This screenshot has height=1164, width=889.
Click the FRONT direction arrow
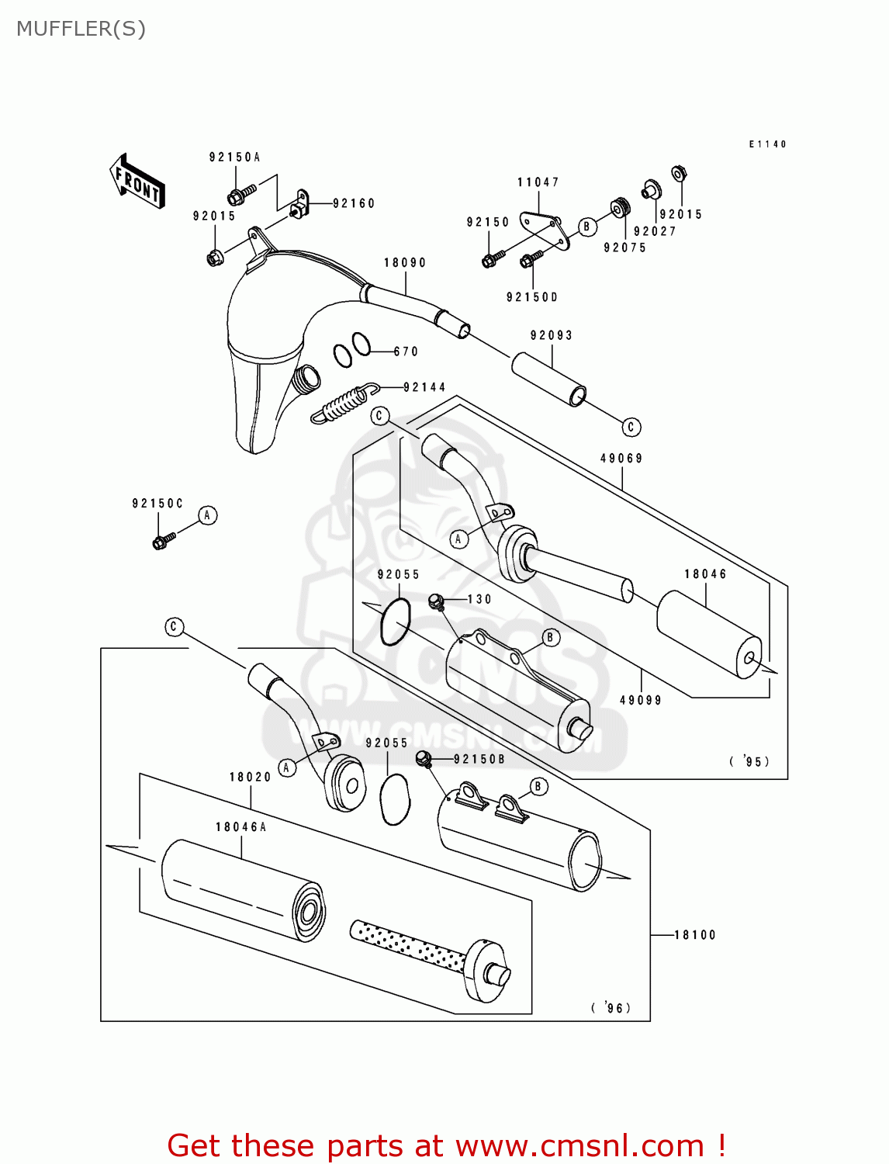137,182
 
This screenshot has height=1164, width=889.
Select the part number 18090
405,263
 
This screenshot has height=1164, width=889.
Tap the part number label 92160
354,203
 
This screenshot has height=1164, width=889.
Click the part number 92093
552,335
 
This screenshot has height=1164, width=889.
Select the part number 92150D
532,297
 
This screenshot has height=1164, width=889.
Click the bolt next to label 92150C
164,539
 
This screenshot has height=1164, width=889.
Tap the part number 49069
621,459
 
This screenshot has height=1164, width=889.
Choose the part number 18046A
241,827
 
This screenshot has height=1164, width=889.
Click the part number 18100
695,935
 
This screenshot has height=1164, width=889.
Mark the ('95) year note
750,761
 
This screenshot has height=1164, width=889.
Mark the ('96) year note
611,1007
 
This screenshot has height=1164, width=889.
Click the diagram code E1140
767,144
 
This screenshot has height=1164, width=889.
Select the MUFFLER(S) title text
81,29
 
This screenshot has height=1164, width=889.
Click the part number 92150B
479,759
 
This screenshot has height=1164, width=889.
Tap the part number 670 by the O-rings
406,352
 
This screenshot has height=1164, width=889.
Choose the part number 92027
655,231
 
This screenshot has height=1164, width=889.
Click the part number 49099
641,700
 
